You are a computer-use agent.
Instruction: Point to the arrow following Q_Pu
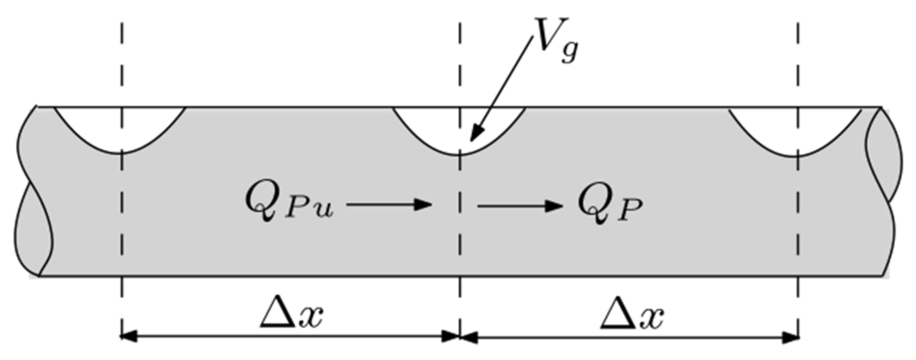[389, 205]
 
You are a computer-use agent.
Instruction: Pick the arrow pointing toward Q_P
[520, 206]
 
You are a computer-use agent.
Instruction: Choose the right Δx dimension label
[632, 316]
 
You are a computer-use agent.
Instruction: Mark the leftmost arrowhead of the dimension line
[127, 336]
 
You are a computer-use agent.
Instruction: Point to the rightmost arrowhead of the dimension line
[791, 337]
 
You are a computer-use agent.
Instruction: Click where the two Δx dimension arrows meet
[460, 336]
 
